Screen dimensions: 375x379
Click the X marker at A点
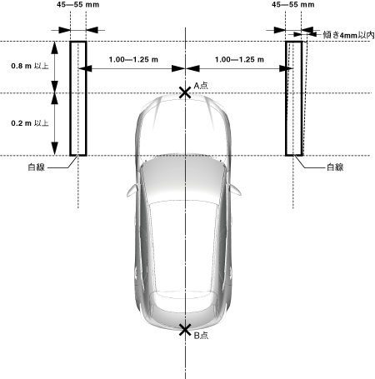(x=185, y=92)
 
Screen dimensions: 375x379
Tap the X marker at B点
(x=185, y=330)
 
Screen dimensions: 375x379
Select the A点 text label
(x=201, y=86)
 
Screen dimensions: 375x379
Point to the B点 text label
(x=201, y=336)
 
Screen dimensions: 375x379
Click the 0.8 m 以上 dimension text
(x=30, y=66)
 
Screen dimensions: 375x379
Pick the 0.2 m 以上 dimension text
(x=30, y=123)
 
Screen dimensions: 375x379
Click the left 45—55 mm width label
(x=78, y=4)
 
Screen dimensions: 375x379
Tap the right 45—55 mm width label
(x=293, y=4)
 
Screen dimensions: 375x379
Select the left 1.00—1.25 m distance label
(x=133, y=59)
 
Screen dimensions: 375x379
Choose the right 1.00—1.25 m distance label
(x=239, y=59)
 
